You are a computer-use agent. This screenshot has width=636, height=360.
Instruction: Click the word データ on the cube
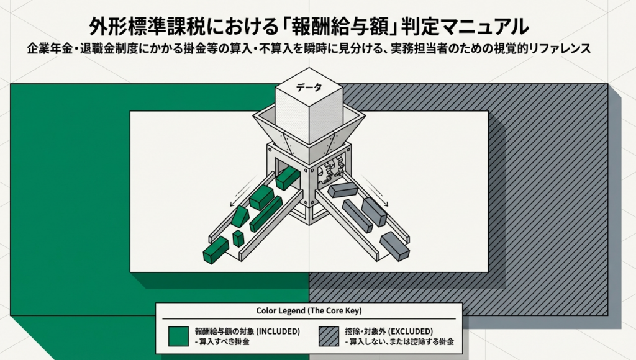click(x=309, y=87)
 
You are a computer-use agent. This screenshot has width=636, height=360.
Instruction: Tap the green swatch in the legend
click(x=178, y=336)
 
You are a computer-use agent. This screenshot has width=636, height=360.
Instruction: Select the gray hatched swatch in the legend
click(x=329, y=336)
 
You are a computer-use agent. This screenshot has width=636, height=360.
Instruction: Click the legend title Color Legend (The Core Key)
click(x=309, y=311)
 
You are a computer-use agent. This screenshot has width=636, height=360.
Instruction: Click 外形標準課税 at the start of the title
click(x=137, y=27)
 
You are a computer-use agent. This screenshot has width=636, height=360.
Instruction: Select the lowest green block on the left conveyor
click(x=216, y=250)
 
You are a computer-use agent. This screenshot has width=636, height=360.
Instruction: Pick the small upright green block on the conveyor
click(x=238, y=238)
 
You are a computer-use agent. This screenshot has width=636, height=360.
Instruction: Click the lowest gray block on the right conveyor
click(x=394, y=246)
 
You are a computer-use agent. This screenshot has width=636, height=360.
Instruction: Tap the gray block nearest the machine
click(x=342, y=190)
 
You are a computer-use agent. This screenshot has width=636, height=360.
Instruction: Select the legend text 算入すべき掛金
click(x=224, y=342)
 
